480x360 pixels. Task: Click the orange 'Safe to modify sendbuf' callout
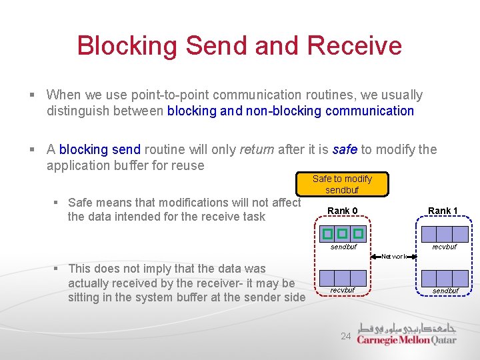[342, 184]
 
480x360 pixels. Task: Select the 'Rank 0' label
[342, 211]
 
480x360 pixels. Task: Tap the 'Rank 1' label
[443, 211]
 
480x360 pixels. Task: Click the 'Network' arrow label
[394, 256]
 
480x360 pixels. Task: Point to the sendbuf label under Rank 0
[343, 247]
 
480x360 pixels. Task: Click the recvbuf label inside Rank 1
[445, 247]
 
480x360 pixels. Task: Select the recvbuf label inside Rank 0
[343, 290]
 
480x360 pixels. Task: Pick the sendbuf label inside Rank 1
[445, 291]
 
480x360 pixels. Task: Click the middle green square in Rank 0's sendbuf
[343, 234]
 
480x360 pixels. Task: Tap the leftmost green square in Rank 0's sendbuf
[327, 234]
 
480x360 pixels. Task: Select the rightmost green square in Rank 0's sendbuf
[358, 234]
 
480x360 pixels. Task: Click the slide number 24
[345, 337]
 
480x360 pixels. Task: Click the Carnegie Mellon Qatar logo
[406, 334]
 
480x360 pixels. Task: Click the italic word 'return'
[255, 149]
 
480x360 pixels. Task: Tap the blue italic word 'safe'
[344, 149]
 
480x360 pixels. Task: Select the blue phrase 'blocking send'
[100, 149]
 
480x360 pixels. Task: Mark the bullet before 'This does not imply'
[59, 269]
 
